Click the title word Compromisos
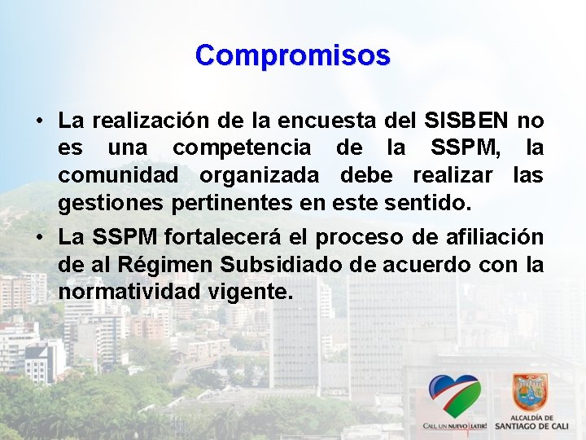pyautogui.click(x=293, y=55)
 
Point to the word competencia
pyautogui.click(x=242, y=148)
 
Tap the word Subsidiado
pyautogui.click(x=265, y=264)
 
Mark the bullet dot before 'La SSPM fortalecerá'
pyautogui.click(x=39, y=237)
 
